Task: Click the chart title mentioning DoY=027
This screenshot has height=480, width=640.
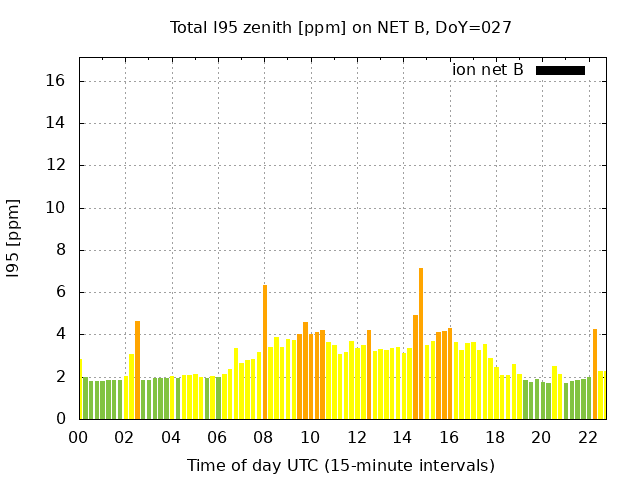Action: pos(340,27)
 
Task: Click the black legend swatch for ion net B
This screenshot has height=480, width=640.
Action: pos(560,70)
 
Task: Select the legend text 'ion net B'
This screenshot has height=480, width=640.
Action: pos(487,70)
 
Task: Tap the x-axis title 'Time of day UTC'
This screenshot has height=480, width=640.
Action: pos(340,465)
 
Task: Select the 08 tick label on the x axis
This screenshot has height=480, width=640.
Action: pos(263,437)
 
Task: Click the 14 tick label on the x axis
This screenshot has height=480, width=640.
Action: pos(402,437)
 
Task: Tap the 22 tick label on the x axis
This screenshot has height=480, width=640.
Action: pos(587,437)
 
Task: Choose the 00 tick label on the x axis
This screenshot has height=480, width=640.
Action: pos(78,437)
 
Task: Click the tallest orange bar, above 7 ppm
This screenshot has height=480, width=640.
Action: pos(421,343)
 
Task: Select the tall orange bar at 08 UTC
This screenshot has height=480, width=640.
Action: pos(265,352)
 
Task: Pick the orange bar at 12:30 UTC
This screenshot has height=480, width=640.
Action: pos(369,374)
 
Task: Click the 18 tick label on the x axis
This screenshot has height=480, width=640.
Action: pos(494,437)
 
